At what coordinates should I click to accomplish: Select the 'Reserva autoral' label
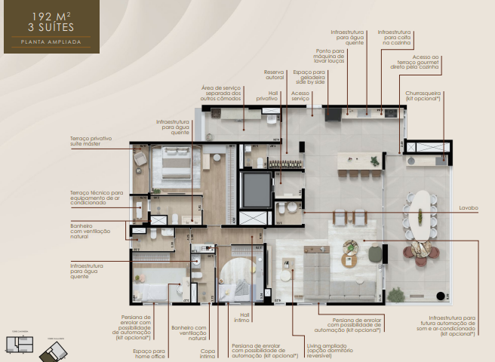click(x=275, y=74)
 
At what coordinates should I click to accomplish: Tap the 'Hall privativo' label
click(x=267, y=96)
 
